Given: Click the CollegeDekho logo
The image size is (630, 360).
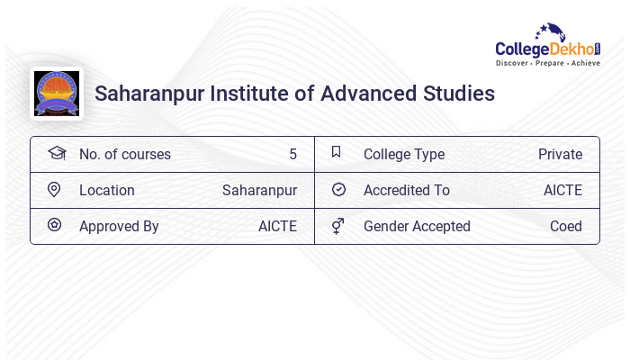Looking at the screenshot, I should (x=548, y=46).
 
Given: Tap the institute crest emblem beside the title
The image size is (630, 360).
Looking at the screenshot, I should (x=56, y=94).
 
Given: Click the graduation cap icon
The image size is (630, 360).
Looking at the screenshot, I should (x=56, y=153).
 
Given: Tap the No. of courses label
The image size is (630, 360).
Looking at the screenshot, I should (x=124, y=154).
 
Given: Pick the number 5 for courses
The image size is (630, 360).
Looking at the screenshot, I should (x=292, y=154).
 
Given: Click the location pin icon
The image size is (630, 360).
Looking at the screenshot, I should (x=54, y=189).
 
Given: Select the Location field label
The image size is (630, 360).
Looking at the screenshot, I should (x=106, y=190).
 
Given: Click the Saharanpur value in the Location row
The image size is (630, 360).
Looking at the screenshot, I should (x=259, y=190).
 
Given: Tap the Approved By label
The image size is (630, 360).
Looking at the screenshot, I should (x=119, y=226).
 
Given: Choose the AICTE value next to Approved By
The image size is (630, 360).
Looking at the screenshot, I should (x=277, y=226).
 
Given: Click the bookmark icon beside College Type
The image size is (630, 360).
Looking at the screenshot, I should (x=337, y=152).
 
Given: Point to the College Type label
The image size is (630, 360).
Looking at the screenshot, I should (x=404, y=154).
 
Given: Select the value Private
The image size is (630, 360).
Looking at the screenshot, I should (x=560, y=154).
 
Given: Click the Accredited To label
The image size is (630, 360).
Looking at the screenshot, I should (x=407, y=190).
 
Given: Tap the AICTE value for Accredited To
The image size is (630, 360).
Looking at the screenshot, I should (x=562, y=190).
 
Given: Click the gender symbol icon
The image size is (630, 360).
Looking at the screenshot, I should (x=337, y=225).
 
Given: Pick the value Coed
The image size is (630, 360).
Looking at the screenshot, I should (x=566, y=226).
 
